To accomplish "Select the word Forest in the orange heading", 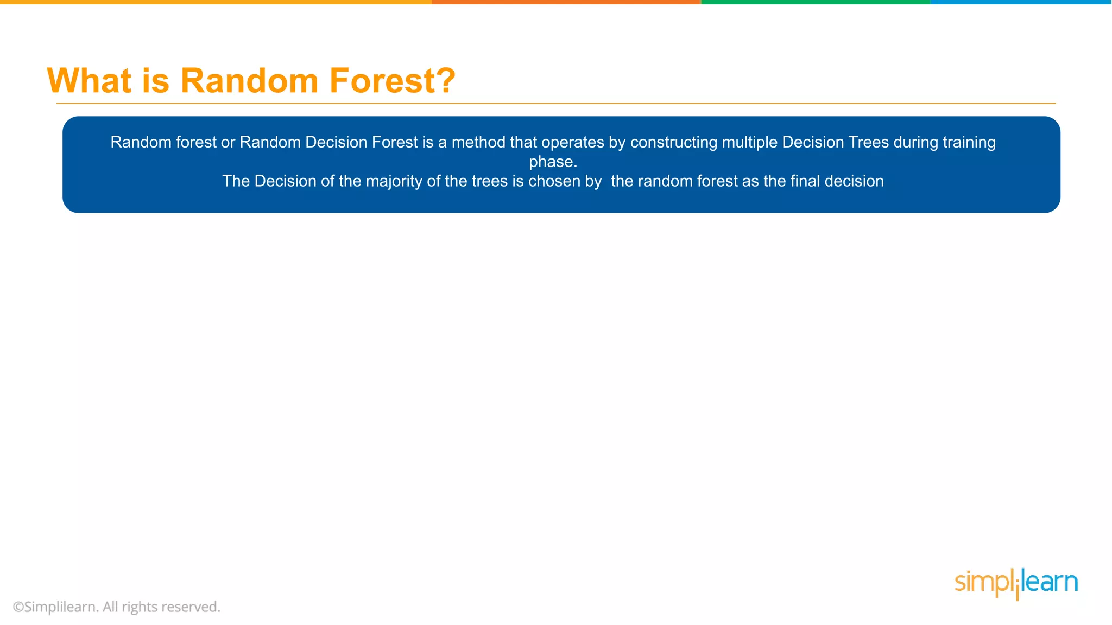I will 381,81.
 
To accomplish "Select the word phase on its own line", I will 551,162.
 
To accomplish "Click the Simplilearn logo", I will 1016,583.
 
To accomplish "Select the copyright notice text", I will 117,607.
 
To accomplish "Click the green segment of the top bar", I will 816,2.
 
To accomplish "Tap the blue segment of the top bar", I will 1021,2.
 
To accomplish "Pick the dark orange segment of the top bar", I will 566,2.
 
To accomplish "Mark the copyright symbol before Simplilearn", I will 18,607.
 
